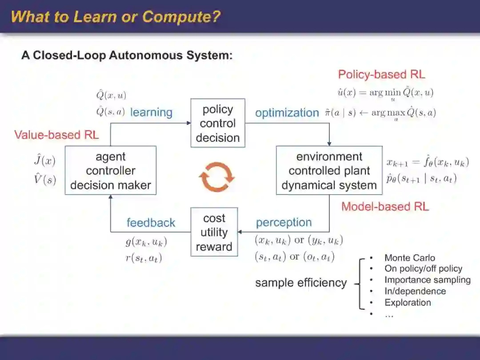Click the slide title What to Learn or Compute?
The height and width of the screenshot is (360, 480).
[116, 17]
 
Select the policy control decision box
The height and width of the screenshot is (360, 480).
[218, 123]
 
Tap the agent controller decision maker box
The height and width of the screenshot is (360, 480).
[111, 170]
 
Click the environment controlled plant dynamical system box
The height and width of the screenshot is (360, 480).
[329, 170]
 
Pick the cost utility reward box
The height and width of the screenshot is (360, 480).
[214, 232]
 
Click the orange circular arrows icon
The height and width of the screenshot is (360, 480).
[216, 176]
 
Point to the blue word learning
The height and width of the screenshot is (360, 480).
[151, 112]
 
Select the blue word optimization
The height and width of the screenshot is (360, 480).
[287, 113]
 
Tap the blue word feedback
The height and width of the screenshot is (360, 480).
[151, 223]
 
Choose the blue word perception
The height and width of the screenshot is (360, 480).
[284, 222]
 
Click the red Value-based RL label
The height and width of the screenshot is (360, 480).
[56, 135]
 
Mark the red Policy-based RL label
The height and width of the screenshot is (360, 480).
[381, 74]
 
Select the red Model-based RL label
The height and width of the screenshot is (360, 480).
[385, 206]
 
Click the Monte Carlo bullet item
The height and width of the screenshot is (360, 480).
[409, 258]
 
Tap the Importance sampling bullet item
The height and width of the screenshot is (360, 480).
[427, 280]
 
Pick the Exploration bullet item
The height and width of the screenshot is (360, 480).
[408, 303]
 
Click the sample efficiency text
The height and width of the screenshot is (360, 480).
[300, 283]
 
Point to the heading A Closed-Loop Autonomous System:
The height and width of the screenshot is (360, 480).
[127, 56]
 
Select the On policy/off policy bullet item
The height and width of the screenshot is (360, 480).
[423, 269]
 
